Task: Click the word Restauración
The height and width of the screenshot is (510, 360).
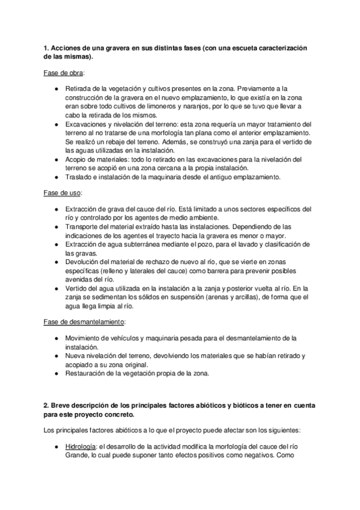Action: [91, 374]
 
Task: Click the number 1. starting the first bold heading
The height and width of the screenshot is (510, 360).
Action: [47, 48]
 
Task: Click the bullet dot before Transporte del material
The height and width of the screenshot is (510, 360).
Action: [56, 227]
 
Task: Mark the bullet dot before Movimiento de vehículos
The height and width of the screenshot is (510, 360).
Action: [56, 339]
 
